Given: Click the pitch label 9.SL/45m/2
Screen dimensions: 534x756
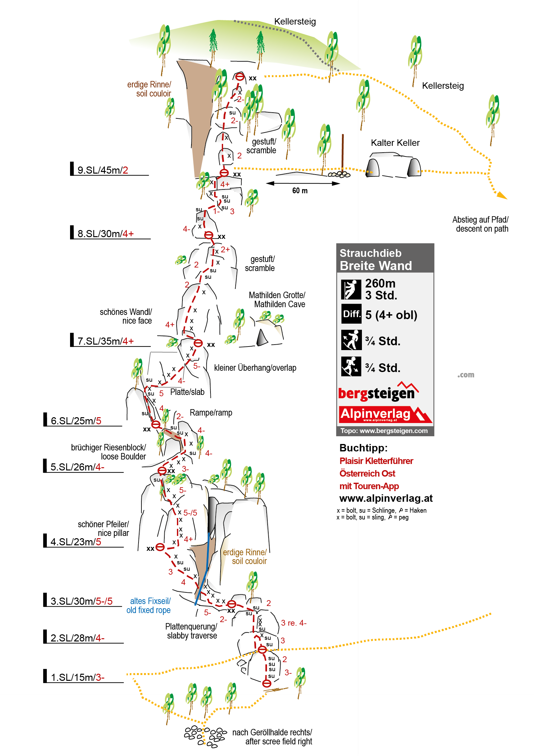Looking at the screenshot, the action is [x=102, y=170].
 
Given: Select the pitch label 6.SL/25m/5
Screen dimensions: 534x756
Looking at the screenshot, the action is [x=76, y=420].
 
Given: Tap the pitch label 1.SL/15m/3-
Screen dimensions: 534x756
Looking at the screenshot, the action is [x=77, y=677].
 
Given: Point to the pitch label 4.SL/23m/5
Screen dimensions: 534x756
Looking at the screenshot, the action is [x=76, y=542].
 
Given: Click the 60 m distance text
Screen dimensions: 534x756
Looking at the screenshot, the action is [x=300, y=191].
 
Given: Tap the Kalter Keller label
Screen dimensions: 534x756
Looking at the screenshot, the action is [x=395, y=143].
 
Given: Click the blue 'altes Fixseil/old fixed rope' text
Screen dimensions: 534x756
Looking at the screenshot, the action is [x=149, y=606].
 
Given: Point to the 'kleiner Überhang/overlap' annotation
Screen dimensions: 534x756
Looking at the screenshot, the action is [x=255, y=368].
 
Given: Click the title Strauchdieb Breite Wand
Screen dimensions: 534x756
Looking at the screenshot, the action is [x=375, y=259].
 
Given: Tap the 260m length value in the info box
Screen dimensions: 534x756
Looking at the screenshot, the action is [x=380, y=283].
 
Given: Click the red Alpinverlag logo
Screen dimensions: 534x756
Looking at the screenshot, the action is [x=385, y=415].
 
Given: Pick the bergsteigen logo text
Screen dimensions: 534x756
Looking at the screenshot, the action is [x=378, y=392].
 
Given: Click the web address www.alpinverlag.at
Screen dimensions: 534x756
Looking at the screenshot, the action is [x=386, y=498].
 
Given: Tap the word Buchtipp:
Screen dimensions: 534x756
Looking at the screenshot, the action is [x=363, y=448].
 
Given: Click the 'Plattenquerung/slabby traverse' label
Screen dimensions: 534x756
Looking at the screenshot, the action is [x=191, y=631].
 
